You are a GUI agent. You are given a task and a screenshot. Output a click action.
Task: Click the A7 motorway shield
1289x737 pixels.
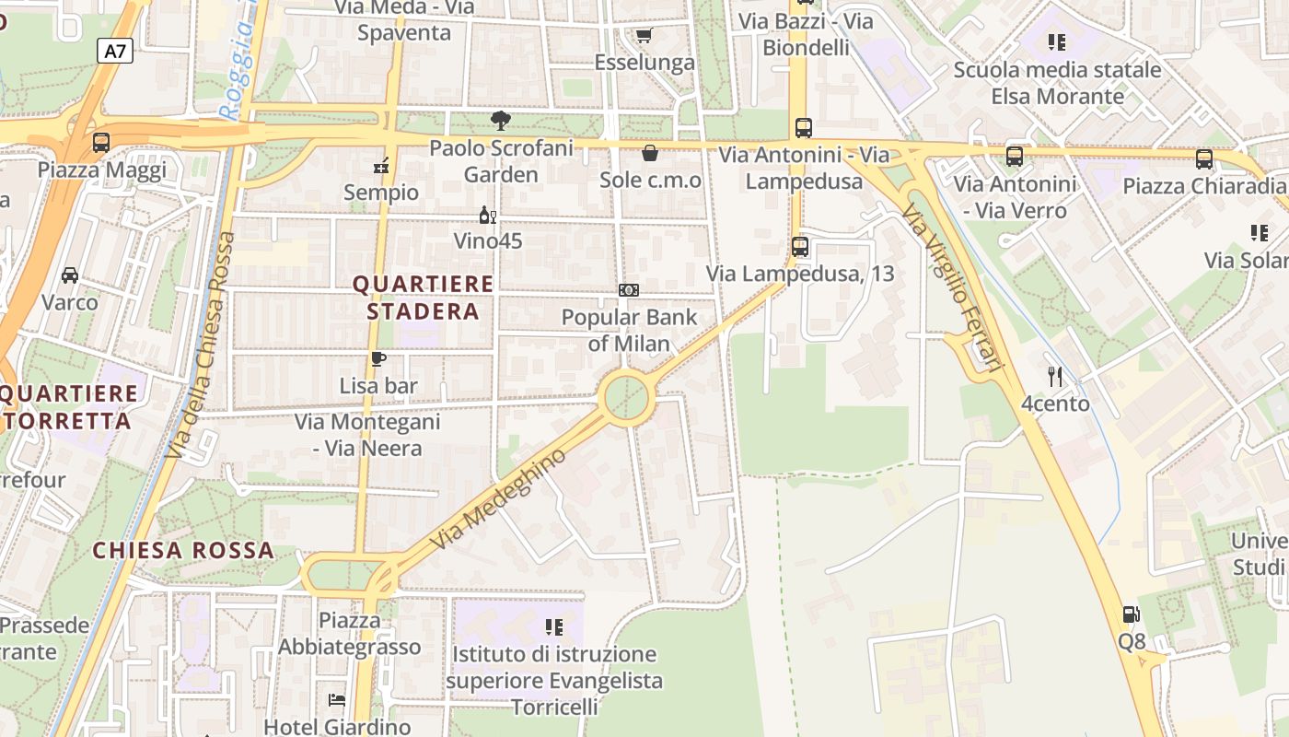(114, 51)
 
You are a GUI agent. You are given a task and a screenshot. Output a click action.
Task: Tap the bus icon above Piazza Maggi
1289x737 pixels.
(101, 143)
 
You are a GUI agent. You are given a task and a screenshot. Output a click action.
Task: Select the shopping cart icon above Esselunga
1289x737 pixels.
(644, 36)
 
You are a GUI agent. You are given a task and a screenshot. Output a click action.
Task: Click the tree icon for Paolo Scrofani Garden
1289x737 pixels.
(501, 121)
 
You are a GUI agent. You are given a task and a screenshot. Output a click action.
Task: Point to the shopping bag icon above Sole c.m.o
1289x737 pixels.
(650, 153)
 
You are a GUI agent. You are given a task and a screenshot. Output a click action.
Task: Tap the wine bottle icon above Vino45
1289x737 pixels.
(487, 216)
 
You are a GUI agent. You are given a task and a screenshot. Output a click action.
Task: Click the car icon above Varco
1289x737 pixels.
(69, 275)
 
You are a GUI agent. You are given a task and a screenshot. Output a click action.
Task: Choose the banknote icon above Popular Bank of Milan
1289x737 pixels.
(629, 290)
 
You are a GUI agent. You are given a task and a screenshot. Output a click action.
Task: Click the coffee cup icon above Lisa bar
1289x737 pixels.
(377, 359)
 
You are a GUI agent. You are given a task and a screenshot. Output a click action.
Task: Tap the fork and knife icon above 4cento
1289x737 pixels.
(1055, 377)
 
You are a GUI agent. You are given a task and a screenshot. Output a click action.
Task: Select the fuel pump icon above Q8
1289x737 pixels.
(1131, 614)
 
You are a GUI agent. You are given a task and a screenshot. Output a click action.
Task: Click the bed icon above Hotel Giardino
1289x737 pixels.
(337, 700)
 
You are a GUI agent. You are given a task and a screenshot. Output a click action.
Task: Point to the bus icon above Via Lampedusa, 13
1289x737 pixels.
(800, 247)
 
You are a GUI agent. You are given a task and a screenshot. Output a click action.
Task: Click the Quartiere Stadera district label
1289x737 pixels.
(424, 298)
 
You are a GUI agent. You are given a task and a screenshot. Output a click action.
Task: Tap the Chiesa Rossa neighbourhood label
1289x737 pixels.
(183, 551)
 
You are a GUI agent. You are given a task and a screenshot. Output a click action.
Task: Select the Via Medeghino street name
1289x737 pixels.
(498, 500)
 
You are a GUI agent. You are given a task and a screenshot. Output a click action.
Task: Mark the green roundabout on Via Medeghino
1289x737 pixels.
(627, 398)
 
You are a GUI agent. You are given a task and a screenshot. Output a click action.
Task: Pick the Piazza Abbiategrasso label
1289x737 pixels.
(350, 633)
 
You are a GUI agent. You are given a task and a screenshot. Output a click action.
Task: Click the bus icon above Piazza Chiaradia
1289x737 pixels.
(1203, 159)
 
